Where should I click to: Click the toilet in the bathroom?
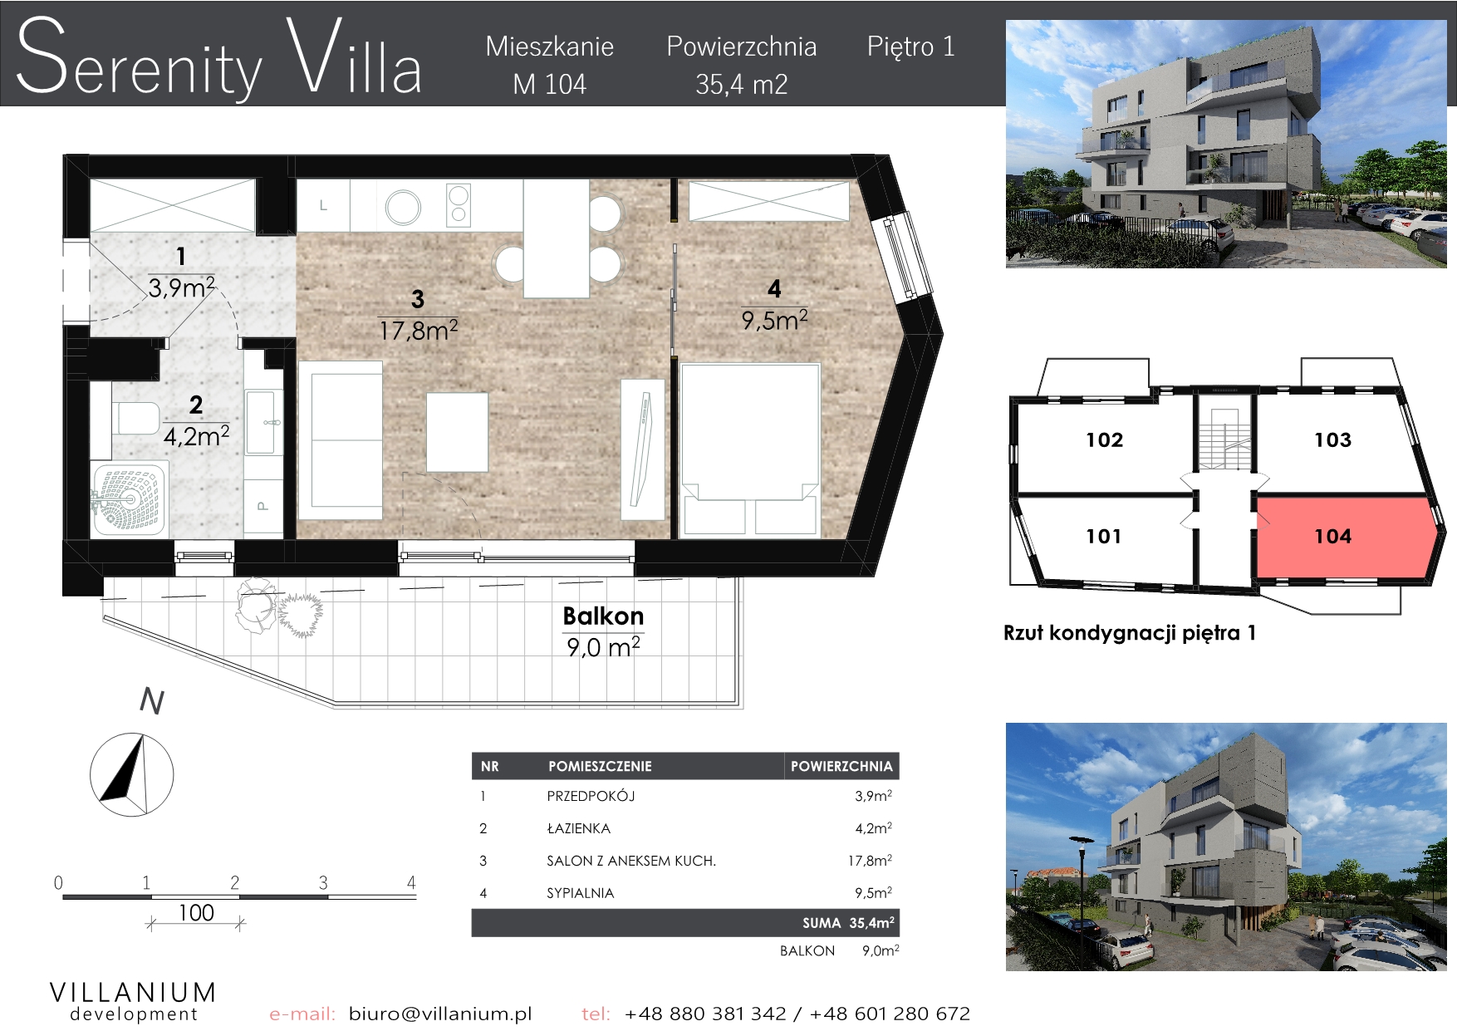tap(136, 417)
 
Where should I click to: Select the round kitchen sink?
tap(403, 207)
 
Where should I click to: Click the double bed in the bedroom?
tap(750, 449)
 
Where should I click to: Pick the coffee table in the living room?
tap(457, 432)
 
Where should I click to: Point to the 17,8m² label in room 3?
tap(418, 331)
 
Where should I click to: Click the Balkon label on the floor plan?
tap(603, 616)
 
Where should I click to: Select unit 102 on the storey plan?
tap(1105, 440)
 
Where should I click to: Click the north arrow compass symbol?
tap(131, 774)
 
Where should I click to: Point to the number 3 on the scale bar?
tap(323, 882)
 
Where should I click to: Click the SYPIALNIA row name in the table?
tap(580, 893)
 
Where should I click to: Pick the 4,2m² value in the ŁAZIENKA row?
tap(873, 828)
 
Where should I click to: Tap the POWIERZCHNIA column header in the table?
tap(841, 766)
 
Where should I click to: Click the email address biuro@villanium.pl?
tap(440, 1014)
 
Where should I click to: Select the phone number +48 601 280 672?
tap(890, 1014)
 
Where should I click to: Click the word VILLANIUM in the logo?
tap(134, 992)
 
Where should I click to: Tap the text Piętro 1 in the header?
tap(911, 47)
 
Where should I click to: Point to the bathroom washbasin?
tap(261, 422)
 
